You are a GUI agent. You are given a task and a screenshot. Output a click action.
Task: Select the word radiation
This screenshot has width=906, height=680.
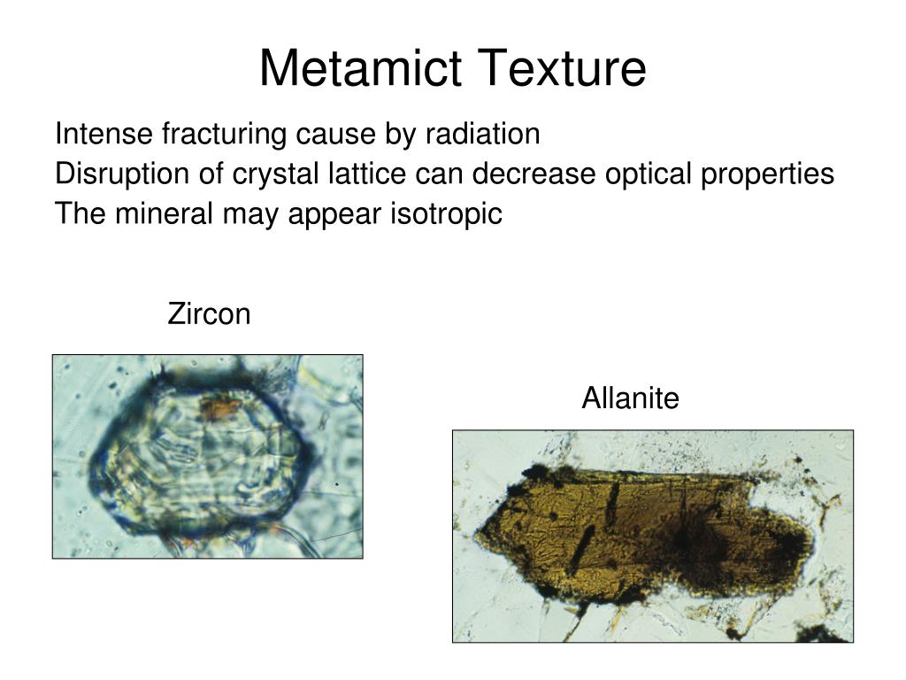[483, 135]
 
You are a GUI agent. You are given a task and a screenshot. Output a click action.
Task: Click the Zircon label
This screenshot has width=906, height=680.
[210, 314]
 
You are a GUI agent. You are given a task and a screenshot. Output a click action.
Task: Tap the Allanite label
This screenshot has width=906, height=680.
[630, 399]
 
